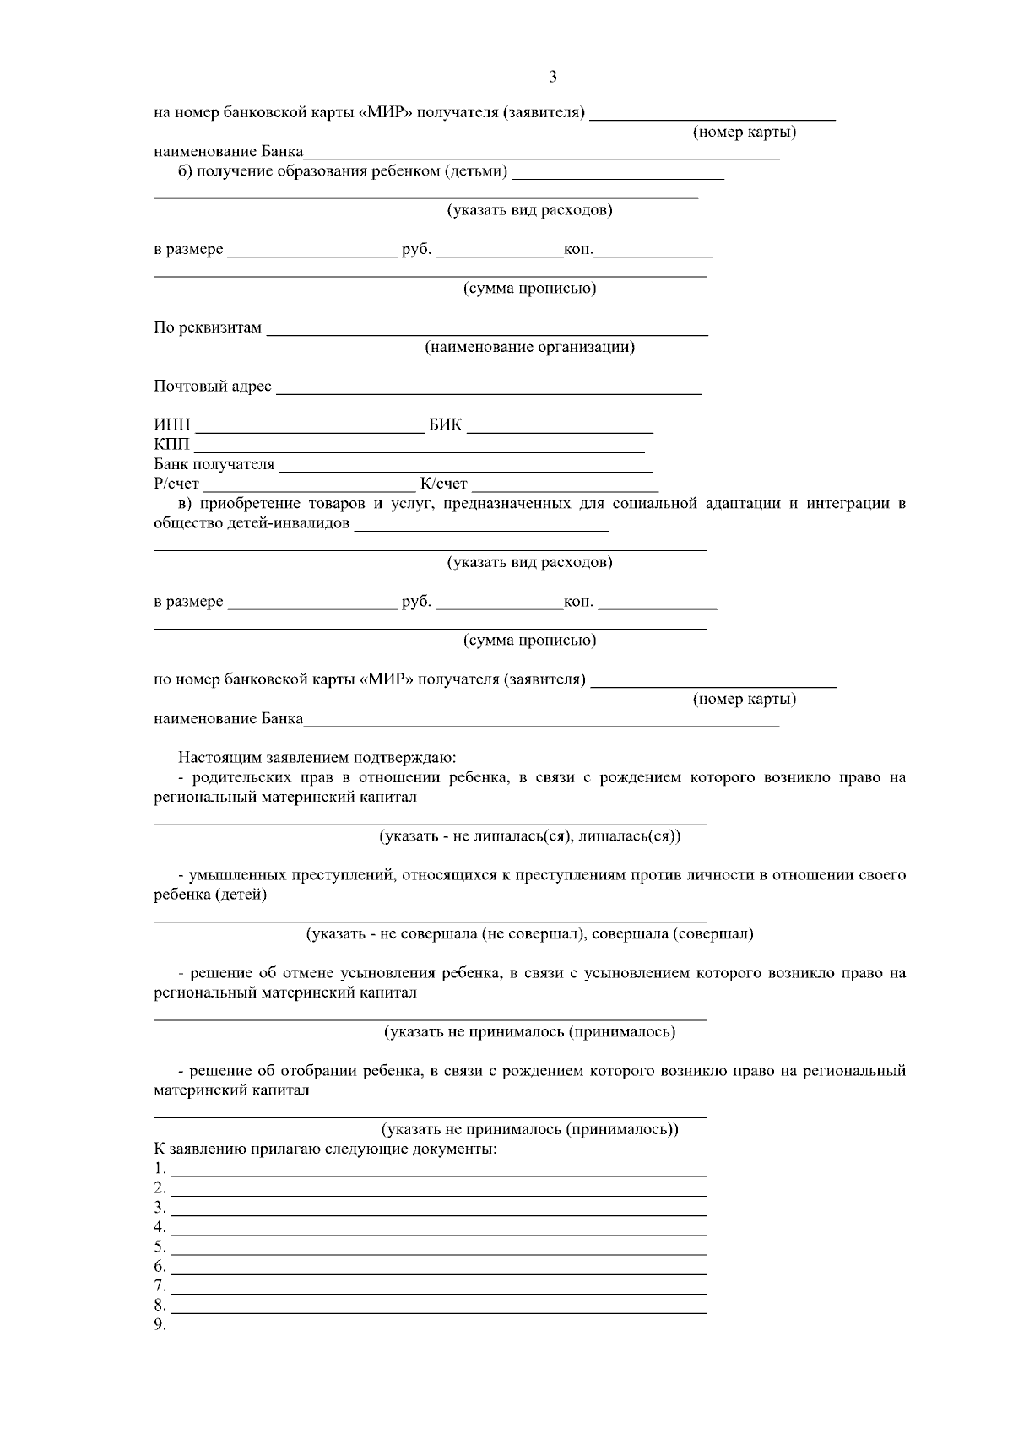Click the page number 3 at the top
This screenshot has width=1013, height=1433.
[x=553, y=78]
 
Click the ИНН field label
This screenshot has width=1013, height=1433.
[x=172, y=424]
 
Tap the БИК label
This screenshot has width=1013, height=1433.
[x=446, y=424]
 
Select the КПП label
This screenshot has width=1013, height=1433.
[x=172, y=445]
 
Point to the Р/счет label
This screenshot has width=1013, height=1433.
[x=176, y=484]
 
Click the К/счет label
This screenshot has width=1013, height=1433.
[x=444, y=484]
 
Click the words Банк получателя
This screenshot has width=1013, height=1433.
[x=214, y=464]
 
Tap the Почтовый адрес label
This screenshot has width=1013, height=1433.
[x=213, y=387]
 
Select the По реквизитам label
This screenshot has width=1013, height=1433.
[x=208, y=327]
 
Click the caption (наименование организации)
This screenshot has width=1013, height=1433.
[x=529, y=347]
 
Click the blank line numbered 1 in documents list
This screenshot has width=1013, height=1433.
[x=438, y=1174]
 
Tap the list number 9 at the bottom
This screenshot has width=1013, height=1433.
[x=160, y=1324]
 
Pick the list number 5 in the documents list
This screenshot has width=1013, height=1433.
[x=160, y=1246]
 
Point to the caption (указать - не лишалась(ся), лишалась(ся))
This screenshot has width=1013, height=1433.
[x=529, y=836]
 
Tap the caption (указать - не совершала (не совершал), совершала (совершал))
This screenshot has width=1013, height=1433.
[x=529, y=933]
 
